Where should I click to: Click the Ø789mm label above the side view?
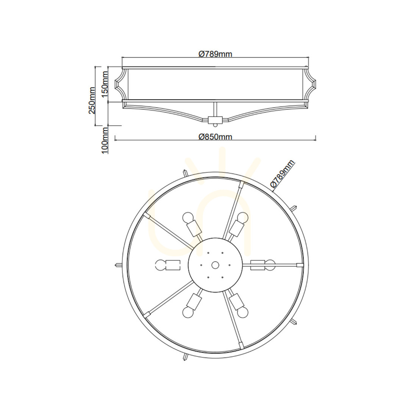tap(215, 54)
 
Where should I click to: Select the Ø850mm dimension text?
tap(215, 137)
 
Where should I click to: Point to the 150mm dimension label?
tap(105, 84)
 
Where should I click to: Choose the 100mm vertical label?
tap(105, 140)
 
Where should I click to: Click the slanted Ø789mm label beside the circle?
tap(282, 174)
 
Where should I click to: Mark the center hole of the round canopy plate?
tap(215, 265)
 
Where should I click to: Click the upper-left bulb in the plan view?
tap(187, 217)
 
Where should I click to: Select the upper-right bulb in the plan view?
tap(242, 217)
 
